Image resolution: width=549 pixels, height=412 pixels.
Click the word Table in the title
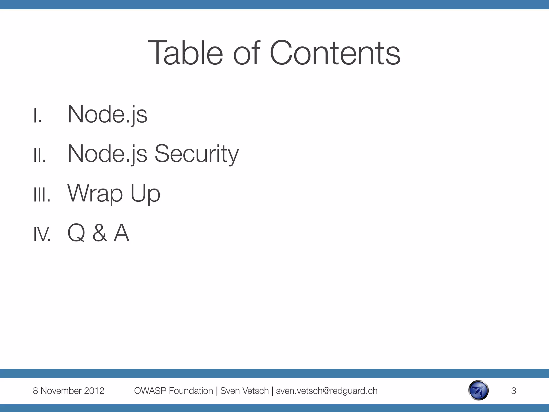pos(185,53)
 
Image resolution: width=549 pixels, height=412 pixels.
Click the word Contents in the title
pos(335,53)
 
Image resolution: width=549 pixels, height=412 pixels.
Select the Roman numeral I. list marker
pos(38,116)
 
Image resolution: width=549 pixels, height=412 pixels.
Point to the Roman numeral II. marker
pos(40,155)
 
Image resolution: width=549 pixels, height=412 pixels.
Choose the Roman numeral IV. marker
pos(42,234)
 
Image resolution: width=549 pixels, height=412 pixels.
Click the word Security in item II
pos(196,154)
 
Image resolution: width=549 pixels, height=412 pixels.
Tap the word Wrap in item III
pos(95,193)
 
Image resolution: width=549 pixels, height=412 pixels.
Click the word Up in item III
pos(145,193)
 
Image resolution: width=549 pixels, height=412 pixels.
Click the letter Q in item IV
pos(76,233)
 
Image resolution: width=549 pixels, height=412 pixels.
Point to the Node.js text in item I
pos(107,115)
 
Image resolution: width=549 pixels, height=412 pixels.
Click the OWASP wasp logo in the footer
pos(478,390)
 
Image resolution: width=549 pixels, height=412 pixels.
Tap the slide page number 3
pos(514,391)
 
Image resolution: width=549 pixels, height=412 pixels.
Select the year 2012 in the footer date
pos(94,391)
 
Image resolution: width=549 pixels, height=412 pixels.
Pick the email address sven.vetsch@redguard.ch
pos(327,391)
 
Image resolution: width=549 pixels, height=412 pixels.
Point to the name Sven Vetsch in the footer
pos(244,391)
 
